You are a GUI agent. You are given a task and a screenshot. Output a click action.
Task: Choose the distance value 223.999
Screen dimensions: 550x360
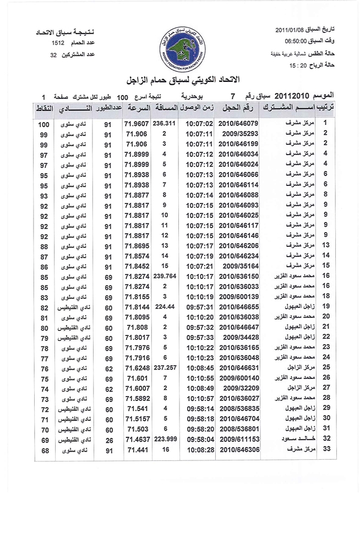tap(164, 440)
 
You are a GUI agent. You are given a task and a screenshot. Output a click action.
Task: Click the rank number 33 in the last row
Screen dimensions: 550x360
tap(326, 450)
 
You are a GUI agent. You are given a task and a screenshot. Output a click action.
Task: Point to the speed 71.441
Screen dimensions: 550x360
tap(137, 450)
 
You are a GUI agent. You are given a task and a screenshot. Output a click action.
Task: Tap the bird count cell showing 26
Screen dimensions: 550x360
tap(108, 441)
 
